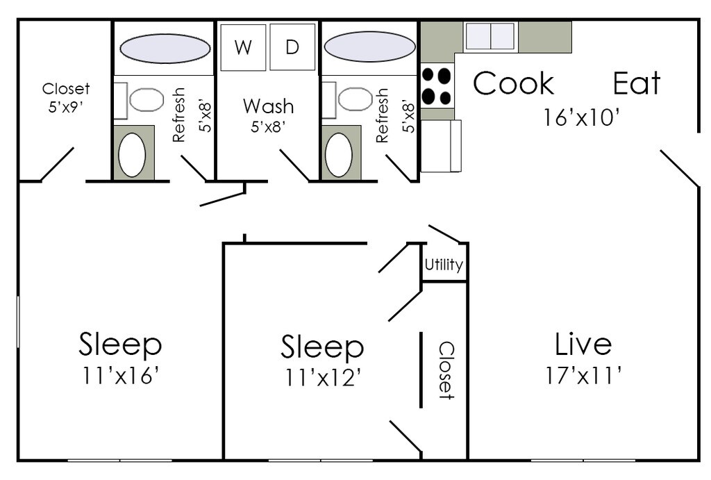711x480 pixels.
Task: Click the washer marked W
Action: click(243, 47)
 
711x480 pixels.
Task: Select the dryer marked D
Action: click(292, 47)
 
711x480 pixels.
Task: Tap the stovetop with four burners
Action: click(437, 85)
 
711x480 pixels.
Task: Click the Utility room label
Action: click(444, 265)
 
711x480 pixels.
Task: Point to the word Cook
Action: click(513, 83)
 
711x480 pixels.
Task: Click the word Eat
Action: click(636, 83)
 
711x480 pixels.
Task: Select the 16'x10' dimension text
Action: click(581, 117)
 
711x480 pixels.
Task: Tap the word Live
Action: click(583, 344)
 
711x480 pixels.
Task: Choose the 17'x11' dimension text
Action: click(583, 376)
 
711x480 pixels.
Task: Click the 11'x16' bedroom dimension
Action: click(121, 376)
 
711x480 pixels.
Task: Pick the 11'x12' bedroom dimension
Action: click(322, 377)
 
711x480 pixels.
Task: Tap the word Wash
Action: click(268, 106)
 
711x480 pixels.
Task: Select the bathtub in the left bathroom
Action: click(165, 48)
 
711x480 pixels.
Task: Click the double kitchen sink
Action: click(490, 36)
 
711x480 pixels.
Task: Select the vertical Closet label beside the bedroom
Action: click(446, 370)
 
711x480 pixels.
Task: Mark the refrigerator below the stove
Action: click(440, 146)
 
